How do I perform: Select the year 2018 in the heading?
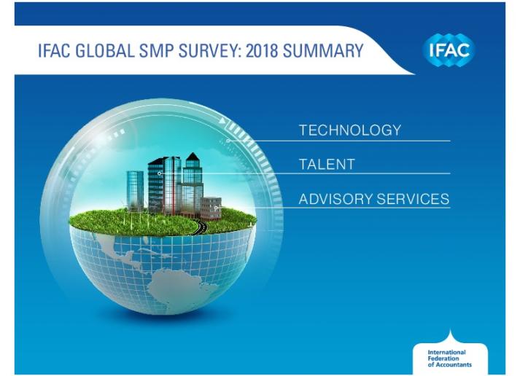262,51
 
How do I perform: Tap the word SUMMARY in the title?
323,51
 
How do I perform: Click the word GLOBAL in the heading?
105,51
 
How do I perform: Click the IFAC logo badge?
449,50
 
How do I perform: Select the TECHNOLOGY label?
350,130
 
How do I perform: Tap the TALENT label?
327,164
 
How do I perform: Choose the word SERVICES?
413,199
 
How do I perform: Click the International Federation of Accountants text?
449,359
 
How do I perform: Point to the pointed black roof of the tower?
192,157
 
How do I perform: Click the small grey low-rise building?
211,208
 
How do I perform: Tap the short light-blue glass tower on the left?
135,190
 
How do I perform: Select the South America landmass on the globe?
174,286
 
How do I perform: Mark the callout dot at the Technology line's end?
228,141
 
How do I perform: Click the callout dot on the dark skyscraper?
159,173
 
